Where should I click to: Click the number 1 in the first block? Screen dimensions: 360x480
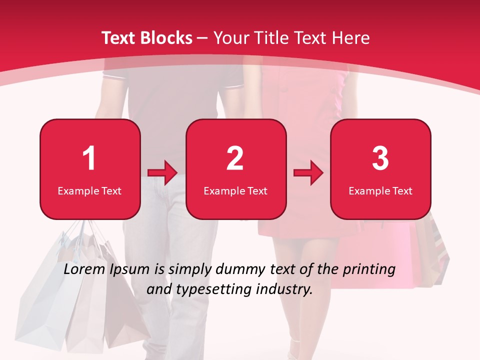coord(89,158)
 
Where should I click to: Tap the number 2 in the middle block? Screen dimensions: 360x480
coord(235,158)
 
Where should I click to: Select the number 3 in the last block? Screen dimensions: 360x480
coord(380,158)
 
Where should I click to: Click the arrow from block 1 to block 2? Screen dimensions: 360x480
coord(162,172)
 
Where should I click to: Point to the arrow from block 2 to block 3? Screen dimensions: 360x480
coord(308,172)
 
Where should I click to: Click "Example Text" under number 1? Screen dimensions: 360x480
coord(89,190)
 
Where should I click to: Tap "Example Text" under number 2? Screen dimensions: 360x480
coord(235,190)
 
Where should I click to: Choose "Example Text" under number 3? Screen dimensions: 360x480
coord(380,190)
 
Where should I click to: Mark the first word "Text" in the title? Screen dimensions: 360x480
coord(118,38)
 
